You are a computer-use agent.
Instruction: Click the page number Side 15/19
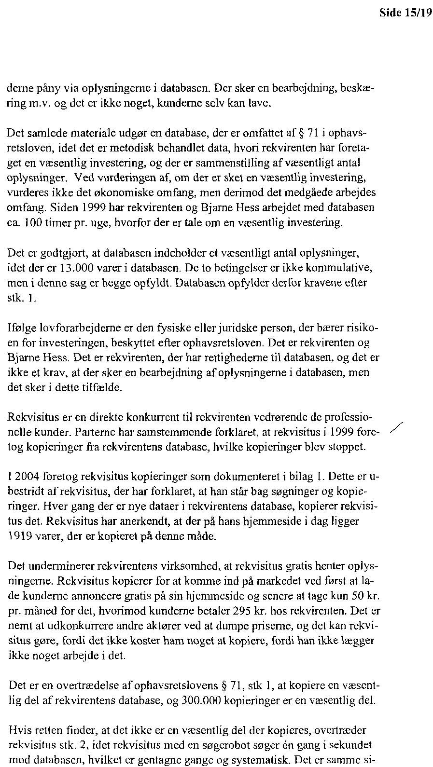404,13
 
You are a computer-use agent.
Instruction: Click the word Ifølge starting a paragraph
20,329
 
